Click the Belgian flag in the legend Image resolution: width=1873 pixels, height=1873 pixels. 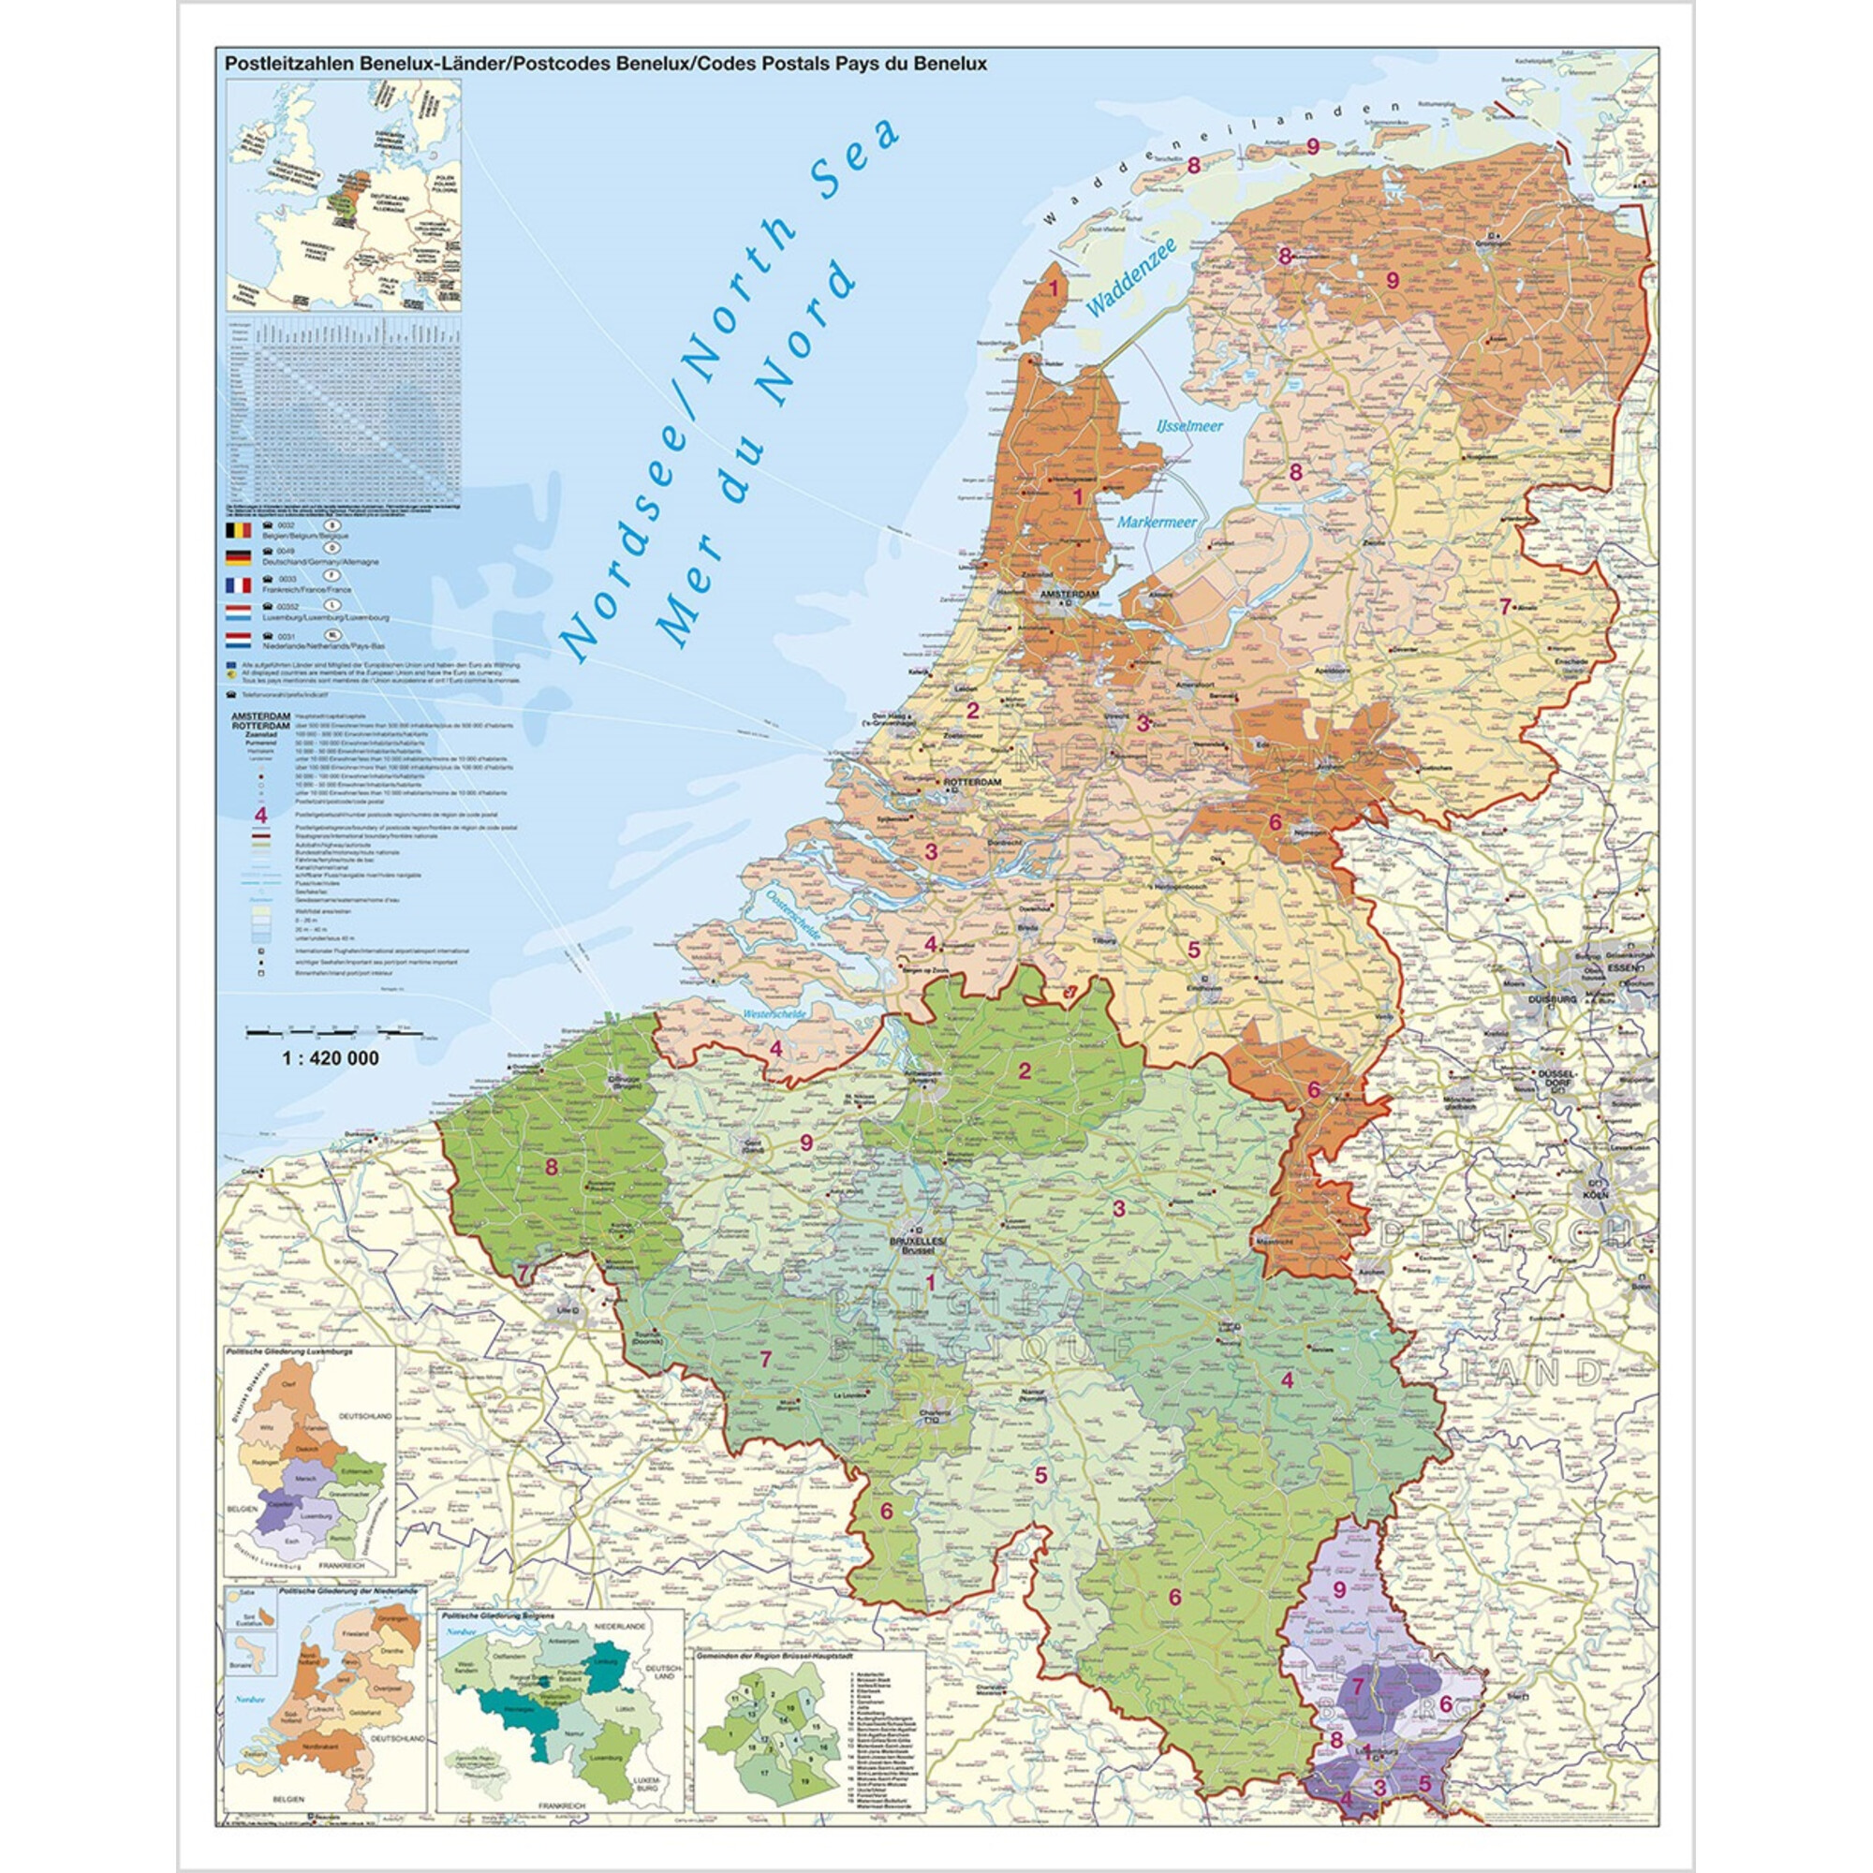coord(238,530)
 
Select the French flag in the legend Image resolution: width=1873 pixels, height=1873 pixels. coord(238,585)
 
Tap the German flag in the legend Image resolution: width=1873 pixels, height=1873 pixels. coord(238,557)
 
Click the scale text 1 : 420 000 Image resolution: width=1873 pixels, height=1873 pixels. coord(331,1058)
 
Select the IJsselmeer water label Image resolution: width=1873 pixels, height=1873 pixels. coord(1188,425)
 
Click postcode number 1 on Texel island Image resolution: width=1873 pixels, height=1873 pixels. coord(1054,288)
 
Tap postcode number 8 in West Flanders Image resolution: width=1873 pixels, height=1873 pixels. coord(552,1166)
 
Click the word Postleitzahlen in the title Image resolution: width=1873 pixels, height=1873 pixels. coord(290,64)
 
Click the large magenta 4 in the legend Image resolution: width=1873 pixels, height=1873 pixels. coord(260,815)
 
